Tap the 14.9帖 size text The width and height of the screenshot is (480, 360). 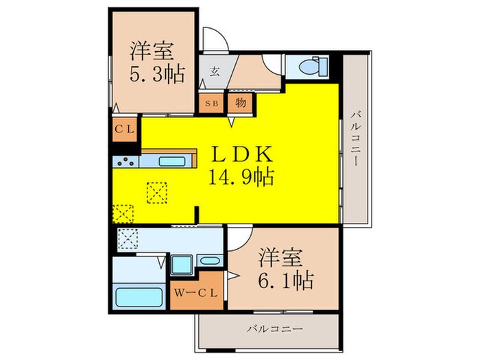tap(239, 178)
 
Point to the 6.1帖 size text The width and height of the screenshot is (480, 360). tap(286, 280)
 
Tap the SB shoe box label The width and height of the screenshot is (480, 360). tap(208, 104)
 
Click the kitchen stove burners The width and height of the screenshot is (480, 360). tap(127, 163)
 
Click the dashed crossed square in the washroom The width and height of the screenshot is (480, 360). tap(128, 239)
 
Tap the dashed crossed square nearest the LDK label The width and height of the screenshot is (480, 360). tap(157, 193)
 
